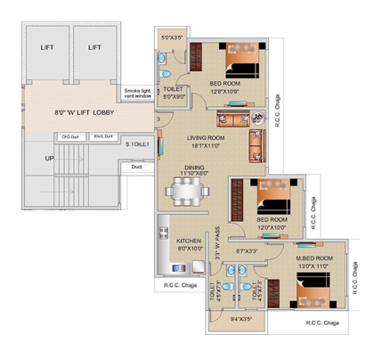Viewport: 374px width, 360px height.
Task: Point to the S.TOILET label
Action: (137, 143)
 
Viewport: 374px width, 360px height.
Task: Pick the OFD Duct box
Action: (70, 136)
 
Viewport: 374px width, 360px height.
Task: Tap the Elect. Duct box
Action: (102, 136)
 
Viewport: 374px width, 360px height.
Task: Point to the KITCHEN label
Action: (191, 241)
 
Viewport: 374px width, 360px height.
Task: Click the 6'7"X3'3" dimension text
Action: (247, 251)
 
